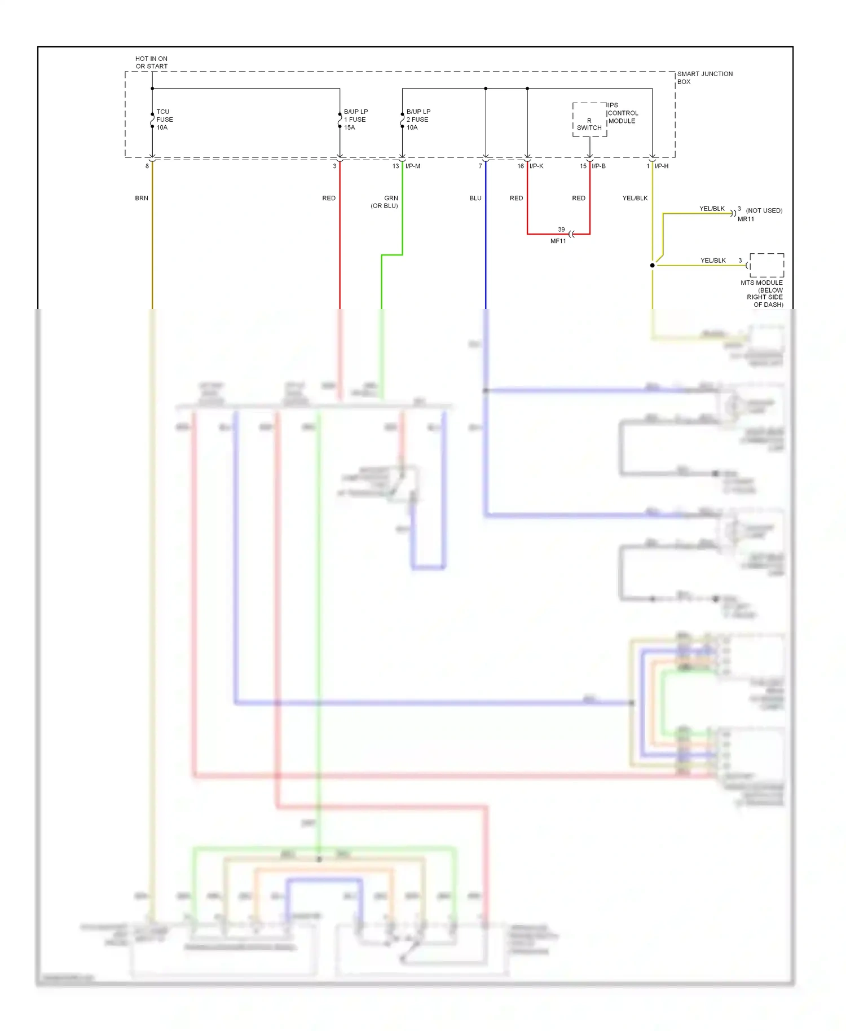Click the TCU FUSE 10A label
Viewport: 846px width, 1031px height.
[164, 120]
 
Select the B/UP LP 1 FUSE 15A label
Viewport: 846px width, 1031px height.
[355, 120]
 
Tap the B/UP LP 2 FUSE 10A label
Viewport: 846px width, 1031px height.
[418, 120]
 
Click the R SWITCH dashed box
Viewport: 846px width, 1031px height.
[589, 120]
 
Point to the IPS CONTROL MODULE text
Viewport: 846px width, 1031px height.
[623, 113]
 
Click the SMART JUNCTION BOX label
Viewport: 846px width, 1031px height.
[704, 78]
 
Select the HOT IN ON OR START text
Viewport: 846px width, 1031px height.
[151, 63]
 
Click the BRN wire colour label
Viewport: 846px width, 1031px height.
[142, 198]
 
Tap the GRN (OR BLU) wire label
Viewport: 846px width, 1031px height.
[385, 202]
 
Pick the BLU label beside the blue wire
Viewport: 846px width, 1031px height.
[475, 198]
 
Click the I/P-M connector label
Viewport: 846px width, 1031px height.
[413, 166]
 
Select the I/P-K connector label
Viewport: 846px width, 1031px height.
[536, 166]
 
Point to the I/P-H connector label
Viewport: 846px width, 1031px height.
[661, 166]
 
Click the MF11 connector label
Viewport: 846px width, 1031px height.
[558, 241]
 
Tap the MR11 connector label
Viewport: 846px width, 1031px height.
[746, 219]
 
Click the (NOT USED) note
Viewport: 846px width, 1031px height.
[764, 210]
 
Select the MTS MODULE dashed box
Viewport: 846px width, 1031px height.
[766, 265]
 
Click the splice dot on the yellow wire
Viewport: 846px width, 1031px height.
[653, 265]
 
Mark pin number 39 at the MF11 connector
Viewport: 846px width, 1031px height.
[561, 230]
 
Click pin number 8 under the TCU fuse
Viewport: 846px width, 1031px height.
[147, 166]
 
